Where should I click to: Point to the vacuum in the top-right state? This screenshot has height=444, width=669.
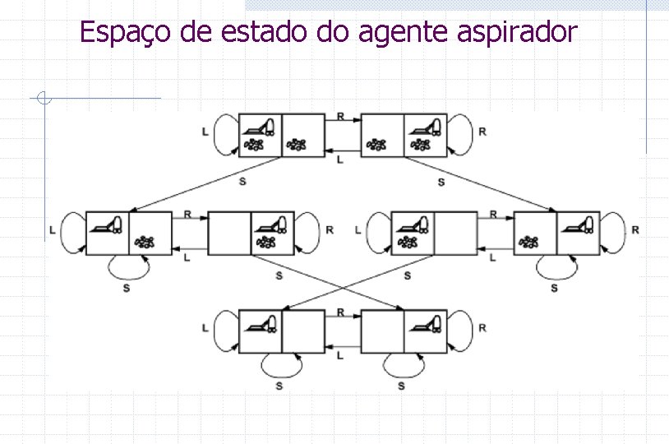(427, 127)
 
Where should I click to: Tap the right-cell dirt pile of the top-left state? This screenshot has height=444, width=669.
(296, 145)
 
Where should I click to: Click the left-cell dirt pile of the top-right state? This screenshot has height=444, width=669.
(377, 145)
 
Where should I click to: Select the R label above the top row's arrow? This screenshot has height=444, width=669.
(340, 116)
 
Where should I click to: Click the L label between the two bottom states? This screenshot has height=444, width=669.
(340, 354)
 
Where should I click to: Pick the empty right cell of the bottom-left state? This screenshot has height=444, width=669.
(303, 331)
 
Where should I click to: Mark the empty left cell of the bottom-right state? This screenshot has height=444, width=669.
(382, 331)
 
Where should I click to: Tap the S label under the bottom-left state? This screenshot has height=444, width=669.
(279, 385)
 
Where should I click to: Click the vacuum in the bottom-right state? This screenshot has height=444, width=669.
(427, 322)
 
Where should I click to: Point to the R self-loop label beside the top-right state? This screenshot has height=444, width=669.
(482, 131)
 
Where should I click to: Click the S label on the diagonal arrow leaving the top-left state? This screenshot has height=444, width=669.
(242, 181)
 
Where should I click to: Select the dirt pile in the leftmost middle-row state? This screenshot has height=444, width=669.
(145, 242)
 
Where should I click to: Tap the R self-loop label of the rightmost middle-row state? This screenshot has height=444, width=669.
(635, 230)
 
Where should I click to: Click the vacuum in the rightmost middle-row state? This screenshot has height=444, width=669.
(581, 224)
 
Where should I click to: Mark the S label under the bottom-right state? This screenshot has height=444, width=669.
(401, 385)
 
